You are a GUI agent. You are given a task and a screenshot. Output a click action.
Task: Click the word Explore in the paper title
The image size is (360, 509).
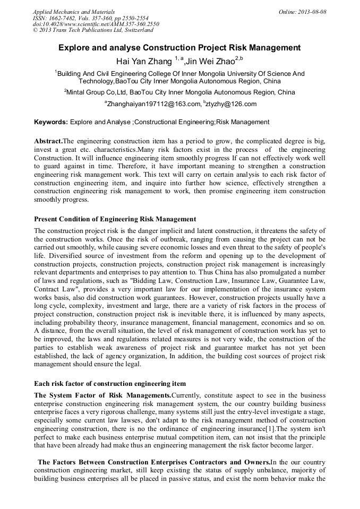75,48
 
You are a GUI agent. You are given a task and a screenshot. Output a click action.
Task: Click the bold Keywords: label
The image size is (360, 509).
50,122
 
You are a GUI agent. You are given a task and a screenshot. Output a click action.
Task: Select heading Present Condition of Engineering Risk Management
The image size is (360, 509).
115,219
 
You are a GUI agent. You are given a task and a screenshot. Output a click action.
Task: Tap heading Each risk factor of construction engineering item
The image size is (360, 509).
109,383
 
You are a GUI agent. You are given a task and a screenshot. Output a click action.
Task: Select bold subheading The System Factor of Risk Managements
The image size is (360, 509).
102,395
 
